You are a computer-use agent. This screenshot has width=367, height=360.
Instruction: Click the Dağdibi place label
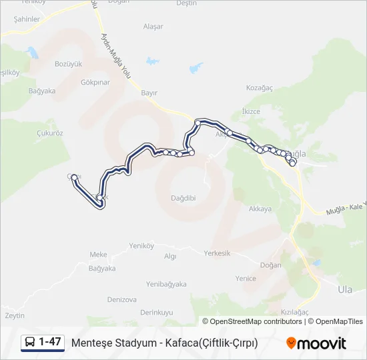tap(183, 197)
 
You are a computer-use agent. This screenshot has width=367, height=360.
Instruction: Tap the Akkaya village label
tap(260, 209)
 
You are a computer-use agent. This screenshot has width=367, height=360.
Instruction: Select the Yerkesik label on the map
tap(217, 253)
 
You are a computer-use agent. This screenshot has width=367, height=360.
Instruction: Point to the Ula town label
tap(345, 289)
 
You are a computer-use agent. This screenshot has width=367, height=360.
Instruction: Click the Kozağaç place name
tap(260, 87)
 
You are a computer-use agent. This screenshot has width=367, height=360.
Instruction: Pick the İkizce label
tap(251, 111)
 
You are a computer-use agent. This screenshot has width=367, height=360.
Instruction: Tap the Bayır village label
tap(149, 93)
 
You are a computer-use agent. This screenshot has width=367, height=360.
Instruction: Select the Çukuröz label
tap(49, 133)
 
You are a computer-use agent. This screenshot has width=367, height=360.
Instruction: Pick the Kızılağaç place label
tap(294, 312)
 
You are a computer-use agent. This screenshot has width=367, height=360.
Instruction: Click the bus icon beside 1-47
tap(30, 343)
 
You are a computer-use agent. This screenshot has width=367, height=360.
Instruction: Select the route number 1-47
tap(50, 343)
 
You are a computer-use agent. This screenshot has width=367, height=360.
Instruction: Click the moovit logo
tap(316, 343)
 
